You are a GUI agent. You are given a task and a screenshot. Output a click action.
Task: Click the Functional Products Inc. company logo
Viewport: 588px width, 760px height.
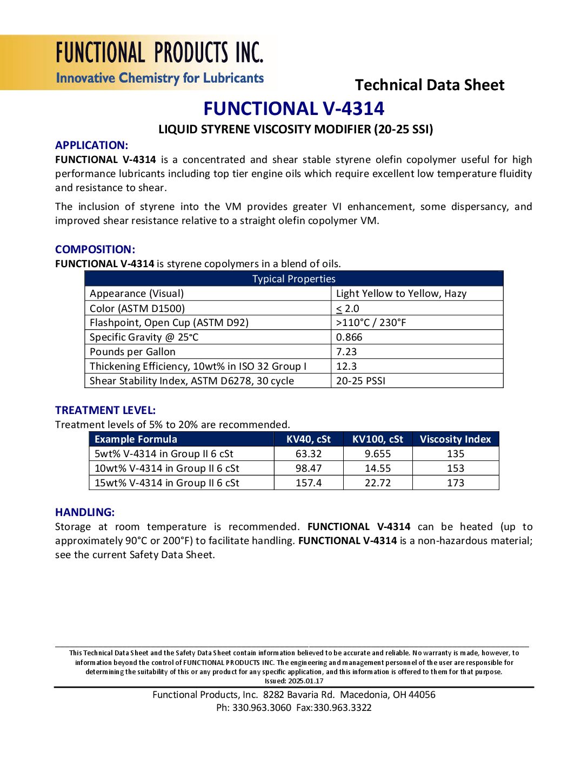159,63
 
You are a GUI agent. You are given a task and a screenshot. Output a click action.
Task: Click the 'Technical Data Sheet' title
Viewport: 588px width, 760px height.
429,85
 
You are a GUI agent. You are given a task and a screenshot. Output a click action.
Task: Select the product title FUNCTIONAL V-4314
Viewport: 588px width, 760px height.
293,108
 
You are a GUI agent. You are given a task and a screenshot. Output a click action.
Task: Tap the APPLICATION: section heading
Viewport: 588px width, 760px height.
91,145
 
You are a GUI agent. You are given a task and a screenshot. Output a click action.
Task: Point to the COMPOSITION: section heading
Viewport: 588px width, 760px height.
95,249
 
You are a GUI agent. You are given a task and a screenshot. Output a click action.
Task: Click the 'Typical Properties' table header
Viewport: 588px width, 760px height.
293,279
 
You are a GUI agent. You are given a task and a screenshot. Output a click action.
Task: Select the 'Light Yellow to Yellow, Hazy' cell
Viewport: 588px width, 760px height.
401,294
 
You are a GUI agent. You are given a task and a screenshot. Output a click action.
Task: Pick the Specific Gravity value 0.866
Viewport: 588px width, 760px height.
349,337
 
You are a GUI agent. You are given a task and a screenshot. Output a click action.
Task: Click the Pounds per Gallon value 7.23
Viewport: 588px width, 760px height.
346,352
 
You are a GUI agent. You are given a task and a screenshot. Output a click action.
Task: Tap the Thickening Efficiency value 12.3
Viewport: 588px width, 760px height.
346,367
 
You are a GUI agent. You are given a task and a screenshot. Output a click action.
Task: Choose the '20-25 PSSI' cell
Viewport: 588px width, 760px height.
360,381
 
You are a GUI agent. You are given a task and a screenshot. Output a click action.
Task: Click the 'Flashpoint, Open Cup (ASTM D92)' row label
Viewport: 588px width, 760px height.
169,323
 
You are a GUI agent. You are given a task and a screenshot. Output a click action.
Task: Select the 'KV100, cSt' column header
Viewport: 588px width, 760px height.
377,439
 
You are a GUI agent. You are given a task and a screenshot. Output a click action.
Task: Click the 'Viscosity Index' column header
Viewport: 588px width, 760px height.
455,439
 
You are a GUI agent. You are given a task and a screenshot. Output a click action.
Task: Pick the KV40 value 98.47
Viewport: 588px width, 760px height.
309,469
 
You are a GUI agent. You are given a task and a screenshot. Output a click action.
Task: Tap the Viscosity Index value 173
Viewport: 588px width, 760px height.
455,483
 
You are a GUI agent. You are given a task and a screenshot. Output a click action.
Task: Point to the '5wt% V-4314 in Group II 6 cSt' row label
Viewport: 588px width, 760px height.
164,454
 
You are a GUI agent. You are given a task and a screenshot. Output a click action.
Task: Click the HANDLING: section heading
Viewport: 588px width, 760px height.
85,512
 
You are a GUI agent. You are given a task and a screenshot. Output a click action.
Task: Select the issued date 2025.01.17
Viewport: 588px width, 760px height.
305,681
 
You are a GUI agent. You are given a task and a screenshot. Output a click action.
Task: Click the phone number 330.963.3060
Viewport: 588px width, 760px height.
262,708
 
